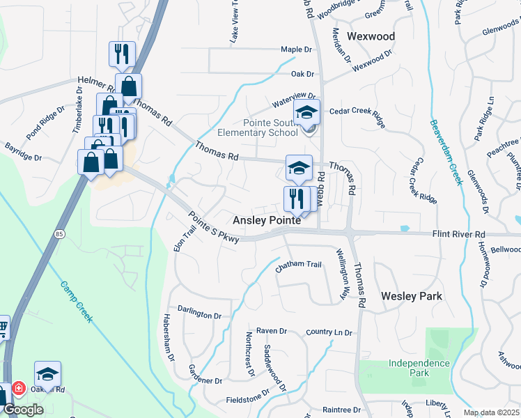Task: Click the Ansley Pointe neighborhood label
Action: pyautogui.click(x=267, y=220)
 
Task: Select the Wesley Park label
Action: pyautogui.click(x=412, y=296)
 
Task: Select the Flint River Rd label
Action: pyautogui.click(x=457, y=235)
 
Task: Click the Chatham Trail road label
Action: pyautogui.click(x=298, y=265)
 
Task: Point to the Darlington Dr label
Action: pyautogui.click(x=199, y=315)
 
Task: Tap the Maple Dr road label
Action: pyautogui.click(x=296, y=50)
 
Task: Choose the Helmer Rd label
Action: pyautogui.click(x=95, y=82)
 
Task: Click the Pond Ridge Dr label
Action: pyautogui.click(x=45, y=123)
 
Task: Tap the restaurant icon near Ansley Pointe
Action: pyautogui.click(x=297, y=199)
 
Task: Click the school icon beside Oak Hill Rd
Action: pyautogui.click(x=47, y=374)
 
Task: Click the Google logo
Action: pyautogui.click(x=23, y=410)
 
